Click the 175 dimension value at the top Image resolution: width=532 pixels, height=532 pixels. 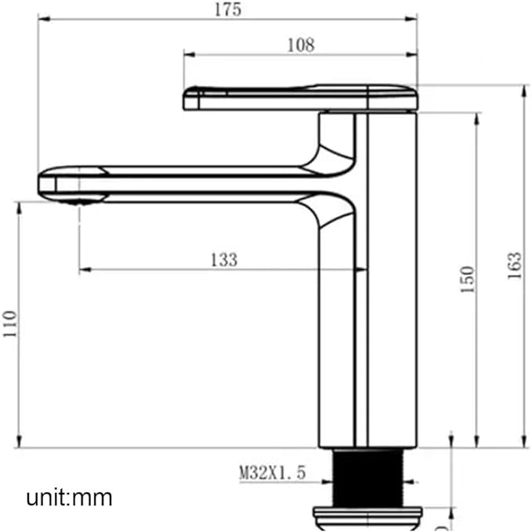228,10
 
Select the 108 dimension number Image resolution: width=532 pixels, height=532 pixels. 300,45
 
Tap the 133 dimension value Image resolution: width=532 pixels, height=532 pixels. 224,260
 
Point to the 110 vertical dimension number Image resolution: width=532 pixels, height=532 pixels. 10,324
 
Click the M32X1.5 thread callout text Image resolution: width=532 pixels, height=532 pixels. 271,472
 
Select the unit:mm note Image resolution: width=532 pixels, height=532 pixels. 68,498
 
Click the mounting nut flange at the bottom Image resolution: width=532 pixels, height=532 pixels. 367,516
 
